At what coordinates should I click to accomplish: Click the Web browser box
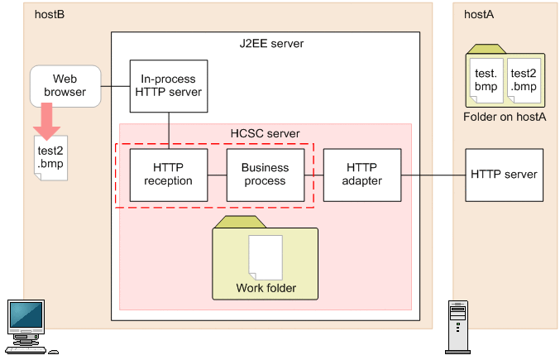[x=65, y=86]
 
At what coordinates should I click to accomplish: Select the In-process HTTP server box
[x=168, y=86]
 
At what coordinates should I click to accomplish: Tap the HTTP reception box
[x=168, y=175]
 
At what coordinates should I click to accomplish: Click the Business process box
[x=265, y=175]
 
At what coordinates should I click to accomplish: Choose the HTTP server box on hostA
[x=504, y=175]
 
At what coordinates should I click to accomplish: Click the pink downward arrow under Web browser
[x=46, y=123]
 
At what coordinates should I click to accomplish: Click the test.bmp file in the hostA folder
[x=485, y=79]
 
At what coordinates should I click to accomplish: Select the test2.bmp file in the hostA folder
[x=524, y=79]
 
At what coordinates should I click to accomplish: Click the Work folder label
[x=266, y=289]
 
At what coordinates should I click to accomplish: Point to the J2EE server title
[x=266, y=43]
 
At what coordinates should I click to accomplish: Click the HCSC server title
[x=265, y=133]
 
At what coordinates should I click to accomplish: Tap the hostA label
[x=479, y=14]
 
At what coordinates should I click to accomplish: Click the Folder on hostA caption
[x=505, y=117]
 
